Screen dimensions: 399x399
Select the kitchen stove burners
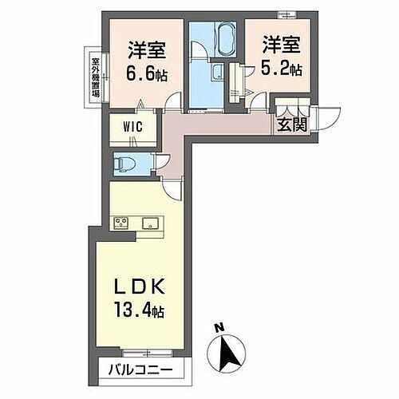[123, 223]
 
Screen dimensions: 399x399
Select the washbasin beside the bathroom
[216, 75]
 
